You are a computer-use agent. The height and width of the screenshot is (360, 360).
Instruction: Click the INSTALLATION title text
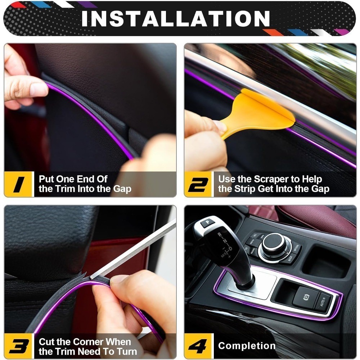(x=175, y=18)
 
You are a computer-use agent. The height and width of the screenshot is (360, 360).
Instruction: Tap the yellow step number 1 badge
(x=19, y=184)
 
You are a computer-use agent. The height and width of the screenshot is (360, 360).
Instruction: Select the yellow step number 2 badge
(x=199, y=184)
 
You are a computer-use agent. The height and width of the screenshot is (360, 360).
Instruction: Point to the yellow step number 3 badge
(x=19, y=346)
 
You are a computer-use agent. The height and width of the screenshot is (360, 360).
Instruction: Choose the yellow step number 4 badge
(x=199, y=346)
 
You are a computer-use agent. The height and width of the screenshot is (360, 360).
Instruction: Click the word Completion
(x=247, y=346)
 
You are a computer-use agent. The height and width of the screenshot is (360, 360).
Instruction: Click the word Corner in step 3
(x=88, y=342)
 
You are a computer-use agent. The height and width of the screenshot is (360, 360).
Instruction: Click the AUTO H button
(x=323, y=302)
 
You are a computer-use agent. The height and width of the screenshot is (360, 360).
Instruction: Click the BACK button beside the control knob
(x=290, y=258)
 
